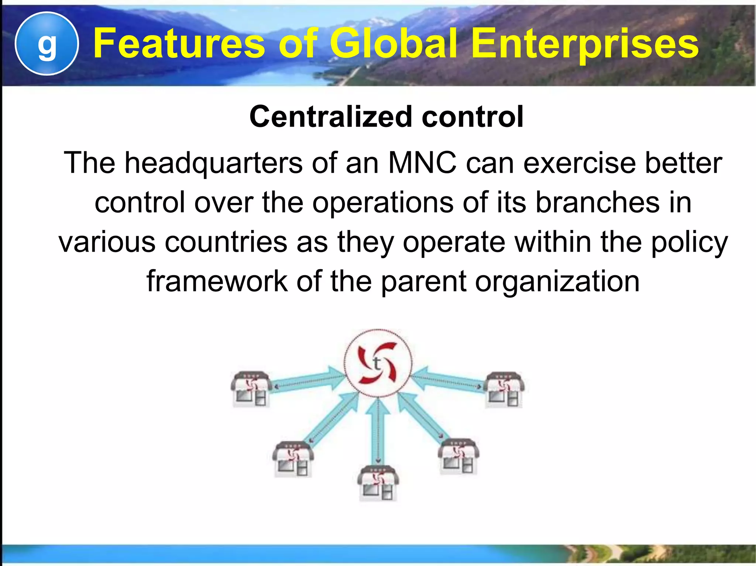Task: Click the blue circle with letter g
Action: [47, 44]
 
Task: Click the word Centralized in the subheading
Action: [330, 117]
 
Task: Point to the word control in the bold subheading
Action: [472, 117]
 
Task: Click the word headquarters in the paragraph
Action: [213, 163]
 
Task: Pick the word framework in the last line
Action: [217, 281]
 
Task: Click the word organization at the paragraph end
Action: [557, 282]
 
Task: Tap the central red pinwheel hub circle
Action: [378, 363]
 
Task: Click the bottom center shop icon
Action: [378, 483]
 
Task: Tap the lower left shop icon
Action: [293, 458]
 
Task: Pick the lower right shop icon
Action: [459, 456]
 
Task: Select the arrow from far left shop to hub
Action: [308, 380]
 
